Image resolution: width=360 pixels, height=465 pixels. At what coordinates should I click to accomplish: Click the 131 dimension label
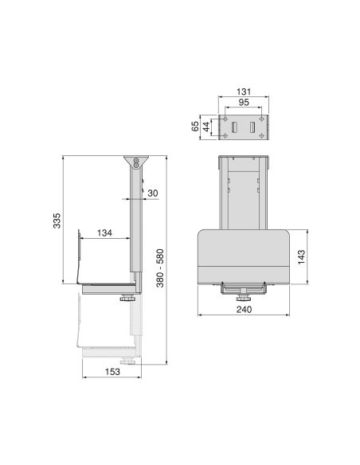pyautogui.click(x=245, y=91)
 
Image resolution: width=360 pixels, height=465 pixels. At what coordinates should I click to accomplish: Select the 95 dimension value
pyautogui.click(x=245, y=102)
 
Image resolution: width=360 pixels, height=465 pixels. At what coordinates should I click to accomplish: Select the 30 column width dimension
pyautogui.click(x=152, y=193)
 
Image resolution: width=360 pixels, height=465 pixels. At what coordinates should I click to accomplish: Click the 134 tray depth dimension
pyautogui.click(x=104, y=233)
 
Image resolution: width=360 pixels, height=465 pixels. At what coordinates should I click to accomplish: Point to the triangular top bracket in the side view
pyautogui.click(x=137, y=164)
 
